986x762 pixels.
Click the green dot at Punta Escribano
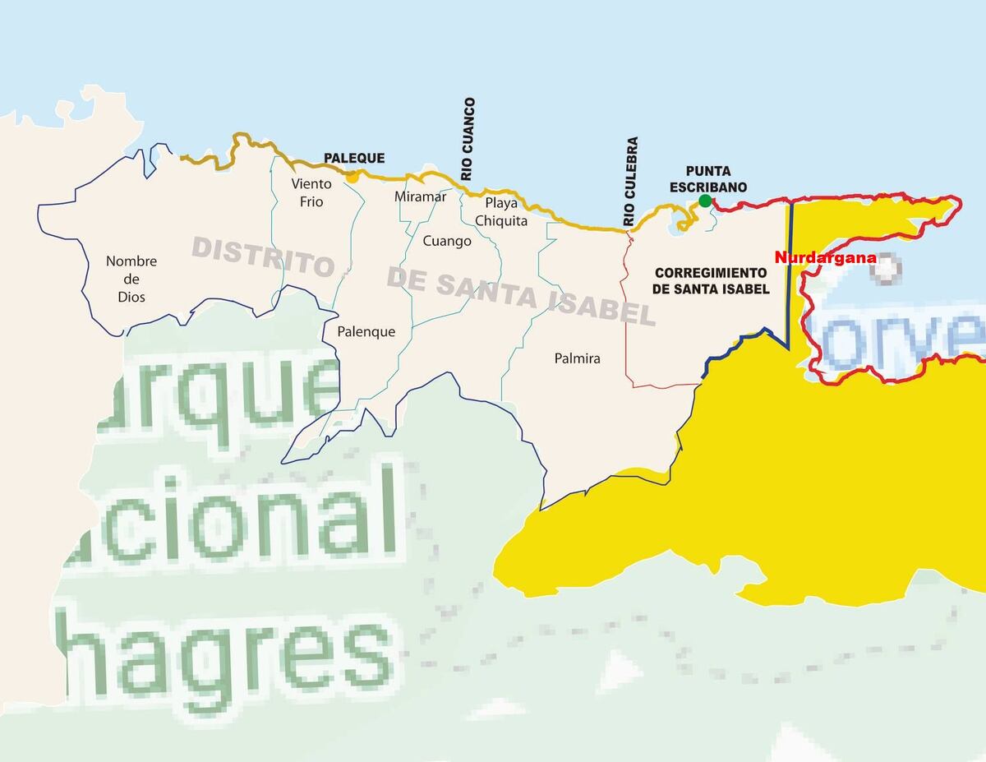coord(704,201)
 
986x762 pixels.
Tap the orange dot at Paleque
coord(352,175)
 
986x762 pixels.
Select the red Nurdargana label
coord(825,257)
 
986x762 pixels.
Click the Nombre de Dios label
coord(131,279)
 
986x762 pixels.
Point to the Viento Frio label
coord(311,192)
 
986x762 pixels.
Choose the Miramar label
coord(420,196)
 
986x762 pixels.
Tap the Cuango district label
coord(447,241)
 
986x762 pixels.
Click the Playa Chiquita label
coord(501,211)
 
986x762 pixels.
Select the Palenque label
coord(366,332)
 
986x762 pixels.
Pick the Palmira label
coord(577,358)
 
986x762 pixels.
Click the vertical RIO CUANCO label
coord(468,139)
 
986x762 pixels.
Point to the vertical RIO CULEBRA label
coord(630,182)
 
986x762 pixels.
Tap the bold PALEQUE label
coord(354,159)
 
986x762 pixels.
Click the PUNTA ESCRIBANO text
coord(707,179)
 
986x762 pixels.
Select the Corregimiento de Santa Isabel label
coord(711,280)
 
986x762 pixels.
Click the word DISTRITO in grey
coord(263,255)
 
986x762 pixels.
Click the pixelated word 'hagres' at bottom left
coord(222,658)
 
